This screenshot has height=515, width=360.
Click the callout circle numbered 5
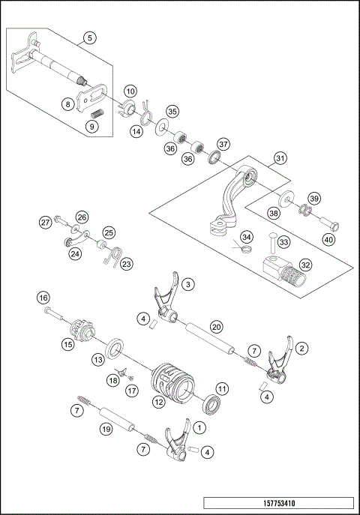(x=89, y=37)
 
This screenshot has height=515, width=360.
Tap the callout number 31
(x=279, y=158)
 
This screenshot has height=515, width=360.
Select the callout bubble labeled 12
(x=158, y=402)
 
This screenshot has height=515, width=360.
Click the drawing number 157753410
(x=278, y=504)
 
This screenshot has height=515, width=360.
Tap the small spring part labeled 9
(x=96, y=112)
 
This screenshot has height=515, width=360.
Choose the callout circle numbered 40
(x=328, y=239)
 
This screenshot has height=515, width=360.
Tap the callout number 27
(x=46, y=223)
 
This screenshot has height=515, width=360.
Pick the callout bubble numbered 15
(x=67, y=345)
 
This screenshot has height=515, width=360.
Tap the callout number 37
(x=223, y=143)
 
